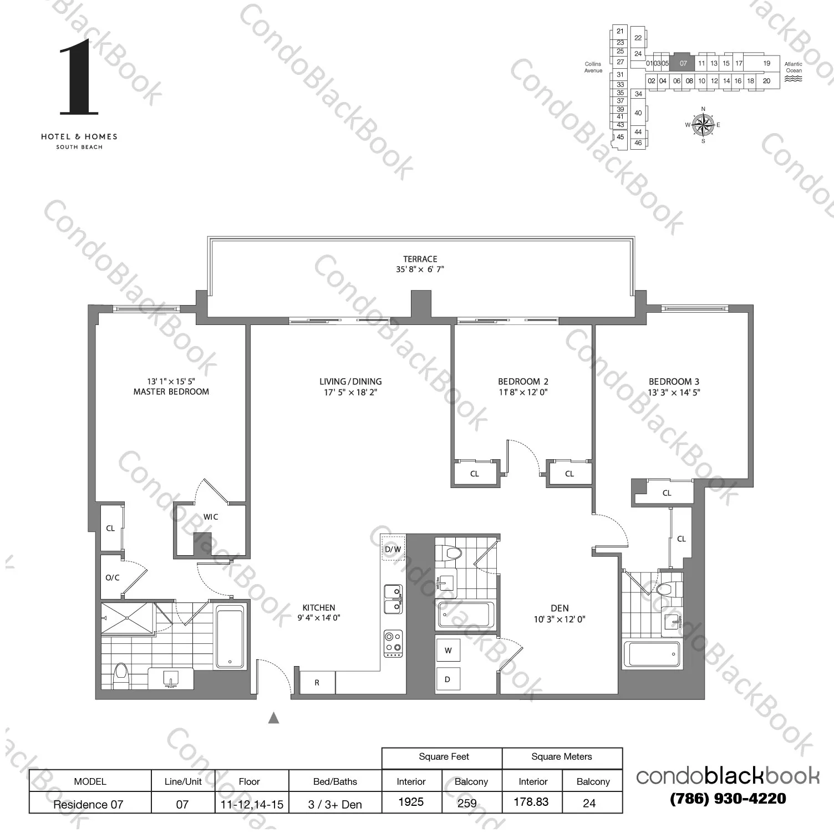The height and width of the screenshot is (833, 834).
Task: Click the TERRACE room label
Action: [x=420, y=259]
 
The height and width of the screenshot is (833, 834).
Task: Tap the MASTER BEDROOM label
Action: [x=171, y=392]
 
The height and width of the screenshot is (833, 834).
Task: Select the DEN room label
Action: [x=560, y=608]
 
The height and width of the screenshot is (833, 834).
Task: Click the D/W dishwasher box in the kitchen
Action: [x=393, y=549]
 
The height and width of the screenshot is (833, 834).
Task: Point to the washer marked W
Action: [x=448, y=651]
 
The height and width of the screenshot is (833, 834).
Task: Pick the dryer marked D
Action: [x=447, y=679]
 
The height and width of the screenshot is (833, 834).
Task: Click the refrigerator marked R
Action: [x=317, y=683]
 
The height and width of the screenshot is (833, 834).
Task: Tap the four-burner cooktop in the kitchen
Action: [x=393, y=643]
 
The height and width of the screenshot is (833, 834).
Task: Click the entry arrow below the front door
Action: [x=273, y=718]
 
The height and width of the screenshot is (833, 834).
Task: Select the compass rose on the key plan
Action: [x=703, y=125]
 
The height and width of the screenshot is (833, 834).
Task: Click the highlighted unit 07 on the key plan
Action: [x=683, y=63]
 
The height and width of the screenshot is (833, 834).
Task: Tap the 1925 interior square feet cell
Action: [x=411, y=802]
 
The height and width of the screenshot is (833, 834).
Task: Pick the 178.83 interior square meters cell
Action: [x=531, y=802]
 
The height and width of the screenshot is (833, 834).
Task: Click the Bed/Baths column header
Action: [x=334, y=781]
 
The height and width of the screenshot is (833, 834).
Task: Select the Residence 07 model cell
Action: [x=89, y=804]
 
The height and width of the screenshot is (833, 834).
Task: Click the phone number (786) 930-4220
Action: [x=728, y=799]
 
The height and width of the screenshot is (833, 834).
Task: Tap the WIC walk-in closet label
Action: [x=211, y=517]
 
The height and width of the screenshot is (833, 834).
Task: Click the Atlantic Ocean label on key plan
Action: [x=794, y=67]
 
